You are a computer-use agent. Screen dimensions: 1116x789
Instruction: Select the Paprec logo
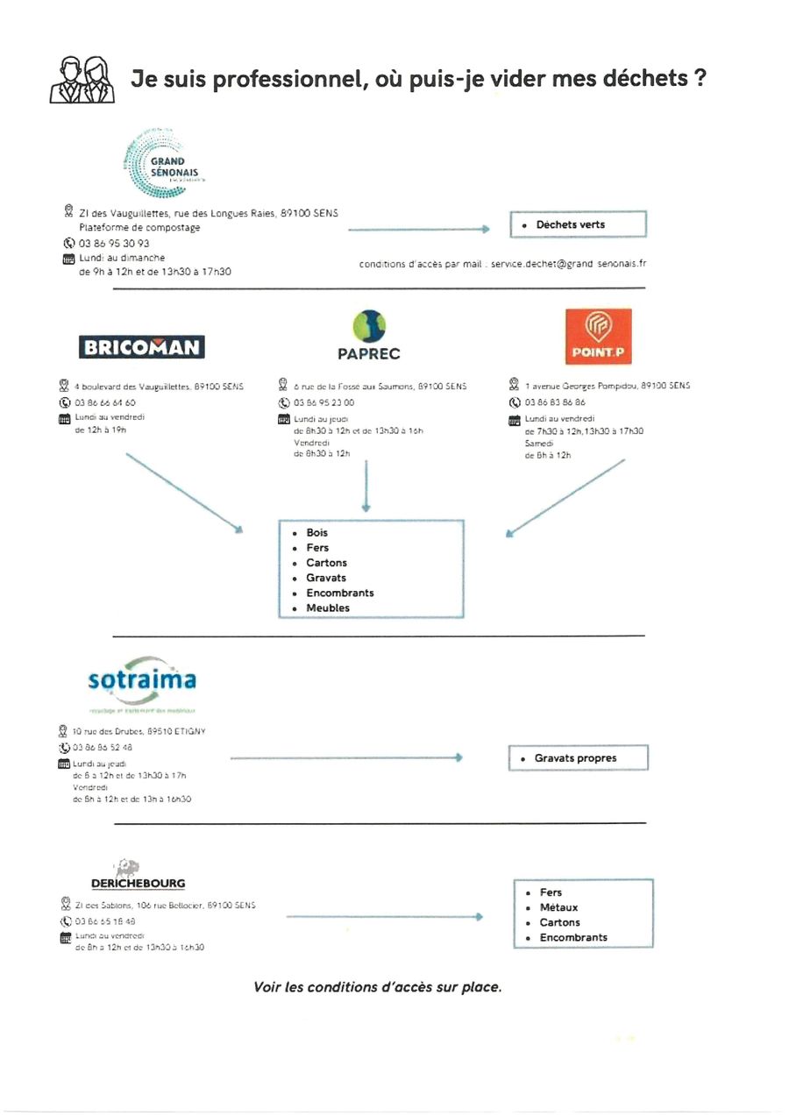pyautogui.click(x=368, y=337)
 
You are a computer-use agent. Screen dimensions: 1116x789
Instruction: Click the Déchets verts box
pyautogui.click(x=578, y=224)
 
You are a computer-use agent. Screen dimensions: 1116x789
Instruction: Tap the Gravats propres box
pyautogui.click(x=578, y=758)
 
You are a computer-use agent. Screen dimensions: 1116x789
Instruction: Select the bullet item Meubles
pyautogui.click(x=327, y=608)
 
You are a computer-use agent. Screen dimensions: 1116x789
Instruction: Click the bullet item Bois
pyautogui.click(x=316, y=533)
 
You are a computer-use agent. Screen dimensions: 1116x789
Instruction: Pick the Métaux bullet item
pyautogui.click(x=558, y=908)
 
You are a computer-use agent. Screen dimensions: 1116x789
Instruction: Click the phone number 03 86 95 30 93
pyautogui.click(x=114, y=243)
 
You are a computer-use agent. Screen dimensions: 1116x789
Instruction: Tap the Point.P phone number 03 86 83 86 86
pyautogui.click(x=555, y=403)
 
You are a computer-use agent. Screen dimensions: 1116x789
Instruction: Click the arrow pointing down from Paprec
pyautogui.click(x=366, y=486)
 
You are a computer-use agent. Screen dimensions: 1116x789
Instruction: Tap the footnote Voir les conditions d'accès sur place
pyautogui.click(x=377, y=987)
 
